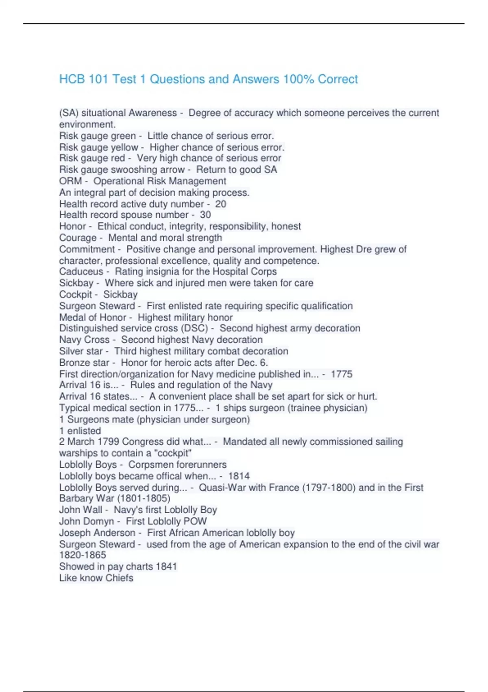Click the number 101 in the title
click(98, 79)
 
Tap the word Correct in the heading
click(338, 79)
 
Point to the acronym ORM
click(70, 181)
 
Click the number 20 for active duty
click(220, 204)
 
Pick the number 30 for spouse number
click(205, 215)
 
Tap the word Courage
click(78, 238)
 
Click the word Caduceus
click(81, 272)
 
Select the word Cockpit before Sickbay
click(76, 294)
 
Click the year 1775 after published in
click(342, 374)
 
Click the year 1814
click(239, 476)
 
